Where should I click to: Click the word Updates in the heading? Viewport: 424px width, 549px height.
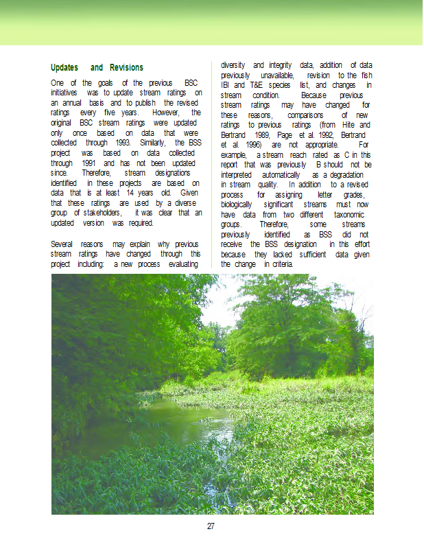pyautogui.click(x=66, y=67)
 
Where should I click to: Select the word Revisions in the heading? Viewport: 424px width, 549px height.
pyautogui.click(x=126, y=67)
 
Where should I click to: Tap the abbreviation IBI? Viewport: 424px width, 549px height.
pyautogui.click(x=227, y=85)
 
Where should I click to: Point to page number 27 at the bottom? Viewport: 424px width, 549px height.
pyautogui.click(x=211, y=526)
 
